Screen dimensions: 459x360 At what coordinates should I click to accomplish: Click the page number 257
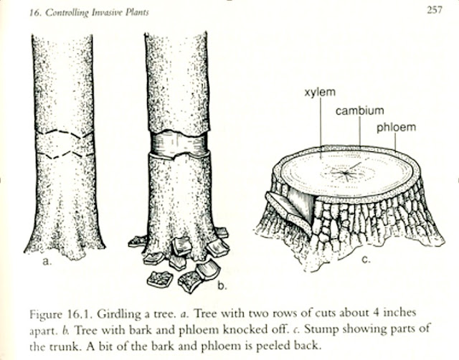click(x=432, y=9)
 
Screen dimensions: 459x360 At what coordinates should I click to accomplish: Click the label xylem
click(x=319, y=93)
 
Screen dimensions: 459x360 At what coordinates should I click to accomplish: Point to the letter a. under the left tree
click(x=47, y=262)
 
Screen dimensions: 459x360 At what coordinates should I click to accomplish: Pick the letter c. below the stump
click(x=365, y=259)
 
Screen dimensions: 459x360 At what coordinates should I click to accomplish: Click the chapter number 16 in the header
click(x=16, y=10)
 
